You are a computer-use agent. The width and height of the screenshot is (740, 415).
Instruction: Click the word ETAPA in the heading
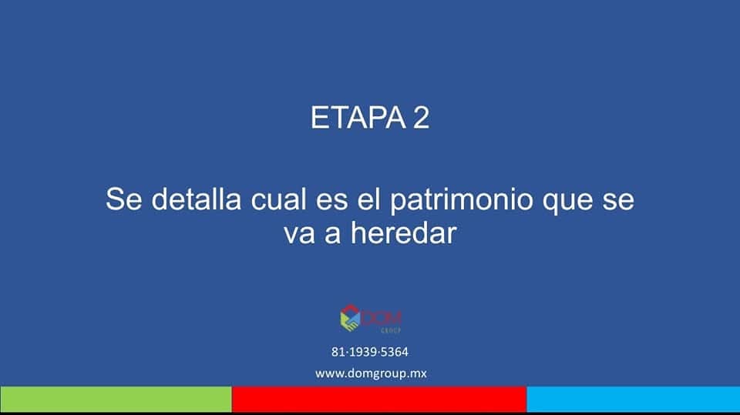tap(358, 118)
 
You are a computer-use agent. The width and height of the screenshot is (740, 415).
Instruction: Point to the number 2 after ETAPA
tap(422, 118)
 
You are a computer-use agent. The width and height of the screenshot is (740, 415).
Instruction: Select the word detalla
tap(197, 199)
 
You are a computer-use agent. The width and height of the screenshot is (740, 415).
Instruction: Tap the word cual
tap(278, 199)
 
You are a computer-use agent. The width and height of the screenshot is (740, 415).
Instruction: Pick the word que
tap(567, 202)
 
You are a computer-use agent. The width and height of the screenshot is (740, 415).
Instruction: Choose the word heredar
tap(403, 233)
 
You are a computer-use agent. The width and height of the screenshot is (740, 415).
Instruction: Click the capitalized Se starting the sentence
tap(123, 199)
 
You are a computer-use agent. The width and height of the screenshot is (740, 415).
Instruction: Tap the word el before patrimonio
tap(368, 199)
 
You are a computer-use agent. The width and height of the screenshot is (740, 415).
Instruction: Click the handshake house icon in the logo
tap(350, 317)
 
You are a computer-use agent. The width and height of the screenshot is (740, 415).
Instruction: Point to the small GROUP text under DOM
tap(391, 330)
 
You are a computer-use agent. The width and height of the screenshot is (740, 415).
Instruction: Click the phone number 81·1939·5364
tap(369, 352)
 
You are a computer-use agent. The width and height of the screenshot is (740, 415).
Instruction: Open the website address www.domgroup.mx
tap(371, 373)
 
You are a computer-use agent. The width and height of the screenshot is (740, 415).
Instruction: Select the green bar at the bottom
tap(116, 400)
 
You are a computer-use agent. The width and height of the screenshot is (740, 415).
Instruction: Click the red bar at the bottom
tap(379, 400)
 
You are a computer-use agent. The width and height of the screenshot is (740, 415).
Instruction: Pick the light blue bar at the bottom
tap(634, 400)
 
